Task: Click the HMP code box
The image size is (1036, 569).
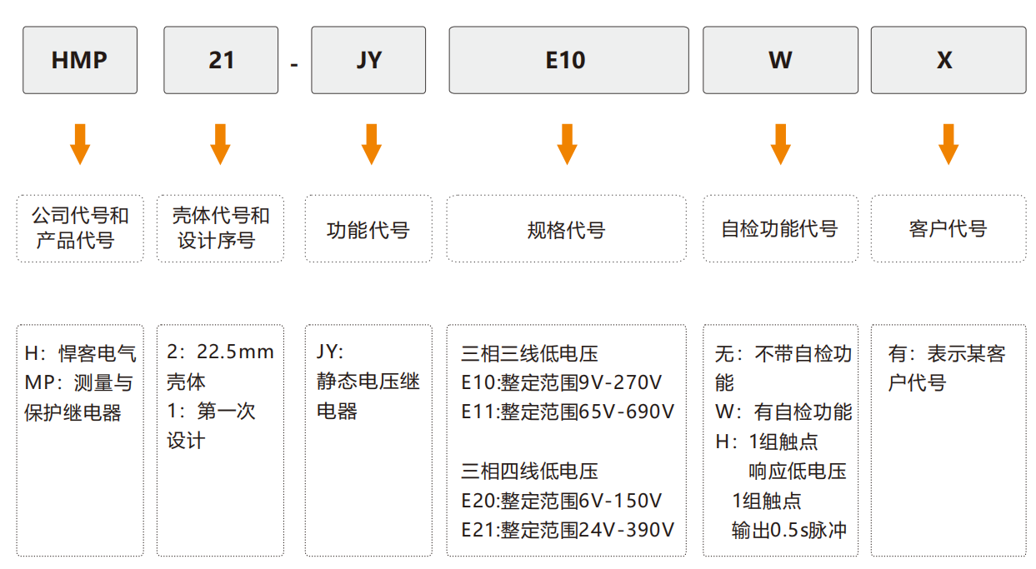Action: pos(80,60)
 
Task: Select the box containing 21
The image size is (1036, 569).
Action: pos(221,60)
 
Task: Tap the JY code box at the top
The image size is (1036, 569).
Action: pos(368,60)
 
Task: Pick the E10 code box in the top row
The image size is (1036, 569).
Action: pos(569,60)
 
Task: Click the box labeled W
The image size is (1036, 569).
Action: pos(781,60)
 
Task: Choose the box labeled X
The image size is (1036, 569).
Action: pos(948,60)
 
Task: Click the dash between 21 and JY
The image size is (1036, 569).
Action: pos(294,65)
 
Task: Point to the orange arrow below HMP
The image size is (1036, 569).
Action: pos(80,144)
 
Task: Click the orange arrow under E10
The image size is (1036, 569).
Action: pos(567,144)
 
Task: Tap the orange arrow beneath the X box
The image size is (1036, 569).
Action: pos(948,144)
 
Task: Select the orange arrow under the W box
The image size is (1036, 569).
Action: pos(781,144)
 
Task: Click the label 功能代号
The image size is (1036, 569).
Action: pos(368,230)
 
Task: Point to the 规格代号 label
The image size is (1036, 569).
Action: pos(567,230)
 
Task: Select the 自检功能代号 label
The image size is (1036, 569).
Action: pos(780,229)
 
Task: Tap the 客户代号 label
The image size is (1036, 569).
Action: pos(948,229)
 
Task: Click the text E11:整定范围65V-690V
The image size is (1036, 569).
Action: pos(568,412)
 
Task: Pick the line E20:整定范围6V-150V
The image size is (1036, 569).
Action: pos(562,501)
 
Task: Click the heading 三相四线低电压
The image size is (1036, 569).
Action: pos(529,471)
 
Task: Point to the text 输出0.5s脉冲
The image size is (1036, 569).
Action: pos(789,530)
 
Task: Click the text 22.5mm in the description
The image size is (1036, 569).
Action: pos(235,352)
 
